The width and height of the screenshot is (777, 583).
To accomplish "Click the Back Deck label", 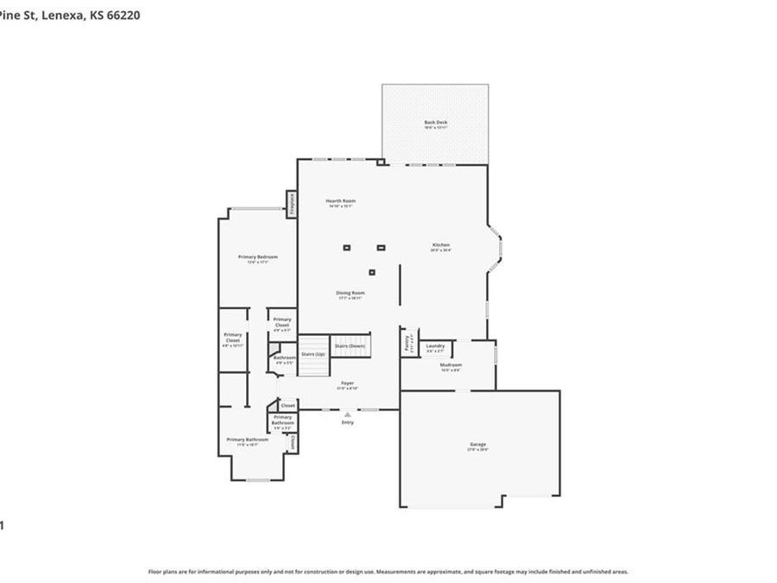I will (435, 123).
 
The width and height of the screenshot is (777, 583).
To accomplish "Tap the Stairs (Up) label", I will (313, 354).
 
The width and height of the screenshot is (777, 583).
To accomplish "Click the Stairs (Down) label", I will (350, 345).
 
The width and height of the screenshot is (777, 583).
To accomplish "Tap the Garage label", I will (477, 445).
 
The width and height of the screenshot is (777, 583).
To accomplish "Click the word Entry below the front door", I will (347, 422).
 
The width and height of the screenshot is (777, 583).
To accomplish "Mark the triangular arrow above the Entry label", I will (347, 415).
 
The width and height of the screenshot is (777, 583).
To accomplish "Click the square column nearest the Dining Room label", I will (372, 273).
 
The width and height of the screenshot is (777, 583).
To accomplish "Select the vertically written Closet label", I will (293, 442).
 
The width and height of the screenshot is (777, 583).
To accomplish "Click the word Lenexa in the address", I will (66, 14).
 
